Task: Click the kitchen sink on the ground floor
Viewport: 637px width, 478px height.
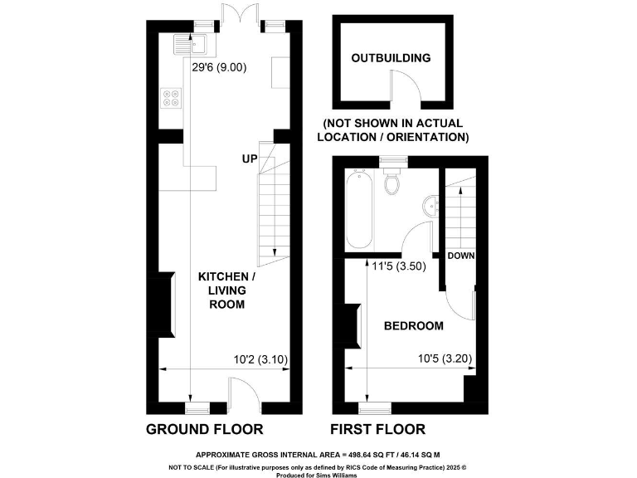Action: [183, 41]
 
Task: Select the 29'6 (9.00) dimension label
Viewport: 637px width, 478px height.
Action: [219, 68]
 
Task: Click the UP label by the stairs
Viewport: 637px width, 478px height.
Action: [250, 159]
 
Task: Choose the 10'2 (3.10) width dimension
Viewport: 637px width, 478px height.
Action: [260, 360]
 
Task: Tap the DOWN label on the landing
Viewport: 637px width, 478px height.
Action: [461, 256]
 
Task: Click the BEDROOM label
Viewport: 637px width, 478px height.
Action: [413, 326]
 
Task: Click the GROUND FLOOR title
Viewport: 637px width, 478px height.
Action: [204, 429]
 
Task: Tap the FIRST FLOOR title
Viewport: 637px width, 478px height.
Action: [377, 429]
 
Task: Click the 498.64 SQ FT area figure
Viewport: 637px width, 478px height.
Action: [353, 455]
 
